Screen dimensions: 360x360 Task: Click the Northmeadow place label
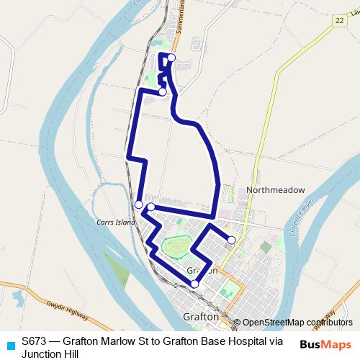coord(276,190)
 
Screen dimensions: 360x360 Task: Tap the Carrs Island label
coord(116,222)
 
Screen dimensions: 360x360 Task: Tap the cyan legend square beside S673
coord(9,345)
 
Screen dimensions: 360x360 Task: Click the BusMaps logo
coord(325,344)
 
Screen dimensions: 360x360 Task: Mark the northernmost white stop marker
coord(171,58)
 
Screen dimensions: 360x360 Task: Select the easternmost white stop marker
coord(231,240)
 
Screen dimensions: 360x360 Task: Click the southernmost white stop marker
coord(194,284)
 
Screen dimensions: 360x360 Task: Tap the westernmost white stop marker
coord(138,204)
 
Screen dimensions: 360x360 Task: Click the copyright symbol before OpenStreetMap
coord(237,323)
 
